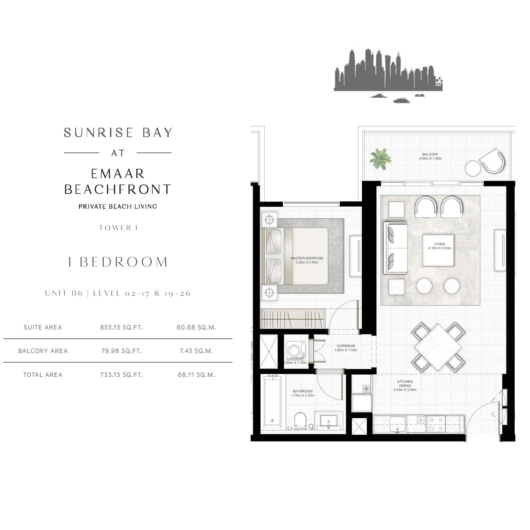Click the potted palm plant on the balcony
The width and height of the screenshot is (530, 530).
[x=380, y=159]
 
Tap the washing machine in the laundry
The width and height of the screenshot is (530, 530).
[x=294, y=350]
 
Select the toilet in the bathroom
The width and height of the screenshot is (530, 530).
[x=300, y=421]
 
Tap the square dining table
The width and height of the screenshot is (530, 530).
[x=438, y=347]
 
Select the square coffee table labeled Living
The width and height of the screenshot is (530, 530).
[x=438, y=250]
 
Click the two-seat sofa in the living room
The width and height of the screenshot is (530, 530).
[x=395, y=248]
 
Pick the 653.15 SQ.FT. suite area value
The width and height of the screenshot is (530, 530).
[x=122, y=327]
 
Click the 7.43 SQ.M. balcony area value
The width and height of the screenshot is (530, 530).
[x=196, y=351]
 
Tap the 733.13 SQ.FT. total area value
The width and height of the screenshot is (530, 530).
[x=122, y=375]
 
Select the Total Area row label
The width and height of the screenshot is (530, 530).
[x=43, y=375]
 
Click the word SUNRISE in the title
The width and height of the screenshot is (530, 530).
[x=99, y=132]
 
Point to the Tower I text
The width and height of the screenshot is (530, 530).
[x=118, y=228]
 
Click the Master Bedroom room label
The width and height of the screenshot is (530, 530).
[x=307, y=258]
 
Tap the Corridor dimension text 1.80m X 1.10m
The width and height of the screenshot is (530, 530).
[x=346, y=350]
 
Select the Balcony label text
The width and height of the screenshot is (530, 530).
[x=430, y=154]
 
